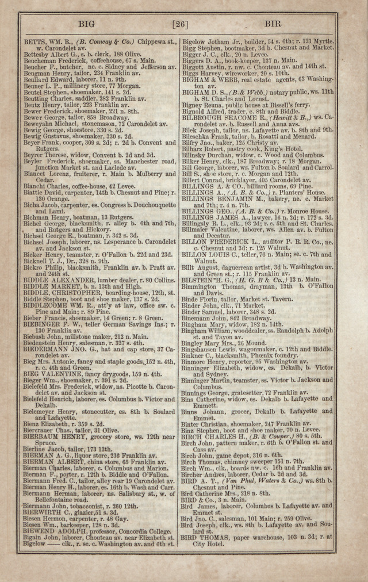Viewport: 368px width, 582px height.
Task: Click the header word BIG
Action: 86,24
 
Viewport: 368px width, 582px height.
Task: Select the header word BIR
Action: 273,24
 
